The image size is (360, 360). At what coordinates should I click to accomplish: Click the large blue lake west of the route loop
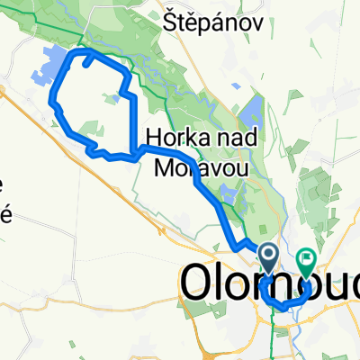[54, 67]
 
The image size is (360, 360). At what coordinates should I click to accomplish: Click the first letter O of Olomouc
[199, 283]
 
